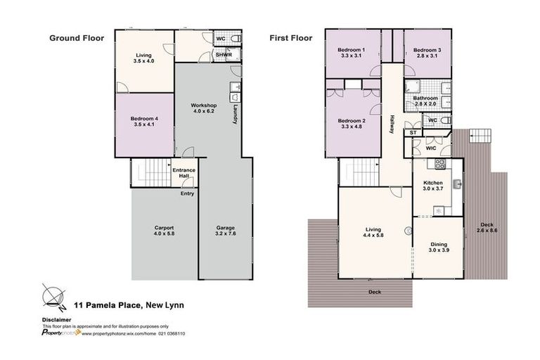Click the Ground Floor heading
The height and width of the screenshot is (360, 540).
coord(76,39)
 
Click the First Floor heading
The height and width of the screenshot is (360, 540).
coord(291,39)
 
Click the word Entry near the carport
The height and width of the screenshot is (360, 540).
coord(187,193)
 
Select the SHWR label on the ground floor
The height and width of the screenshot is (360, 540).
coord(224,55)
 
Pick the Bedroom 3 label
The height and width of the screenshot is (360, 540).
coord(427,53)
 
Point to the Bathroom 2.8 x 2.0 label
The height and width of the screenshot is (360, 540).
coord(426,101)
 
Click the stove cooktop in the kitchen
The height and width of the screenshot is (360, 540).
coord(440,165)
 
